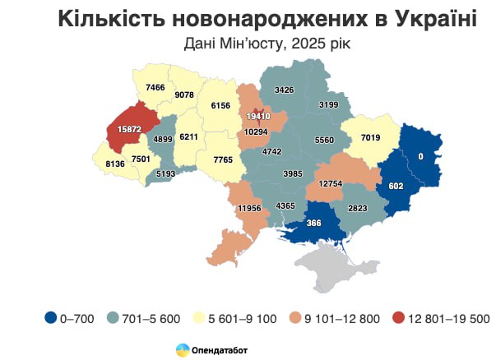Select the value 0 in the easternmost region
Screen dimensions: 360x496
point(421,156)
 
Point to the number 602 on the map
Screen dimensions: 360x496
point(396,186)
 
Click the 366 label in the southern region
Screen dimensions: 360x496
point(313,224)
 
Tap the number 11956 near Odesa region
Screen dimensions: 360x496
point(249,209)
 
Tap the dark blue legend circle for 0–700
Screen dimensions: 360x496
point(51,316)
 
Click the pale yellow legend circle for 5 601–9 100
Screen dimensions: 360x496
point(206,316)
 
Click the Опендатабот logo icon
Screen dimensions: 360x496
point(180,349)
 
